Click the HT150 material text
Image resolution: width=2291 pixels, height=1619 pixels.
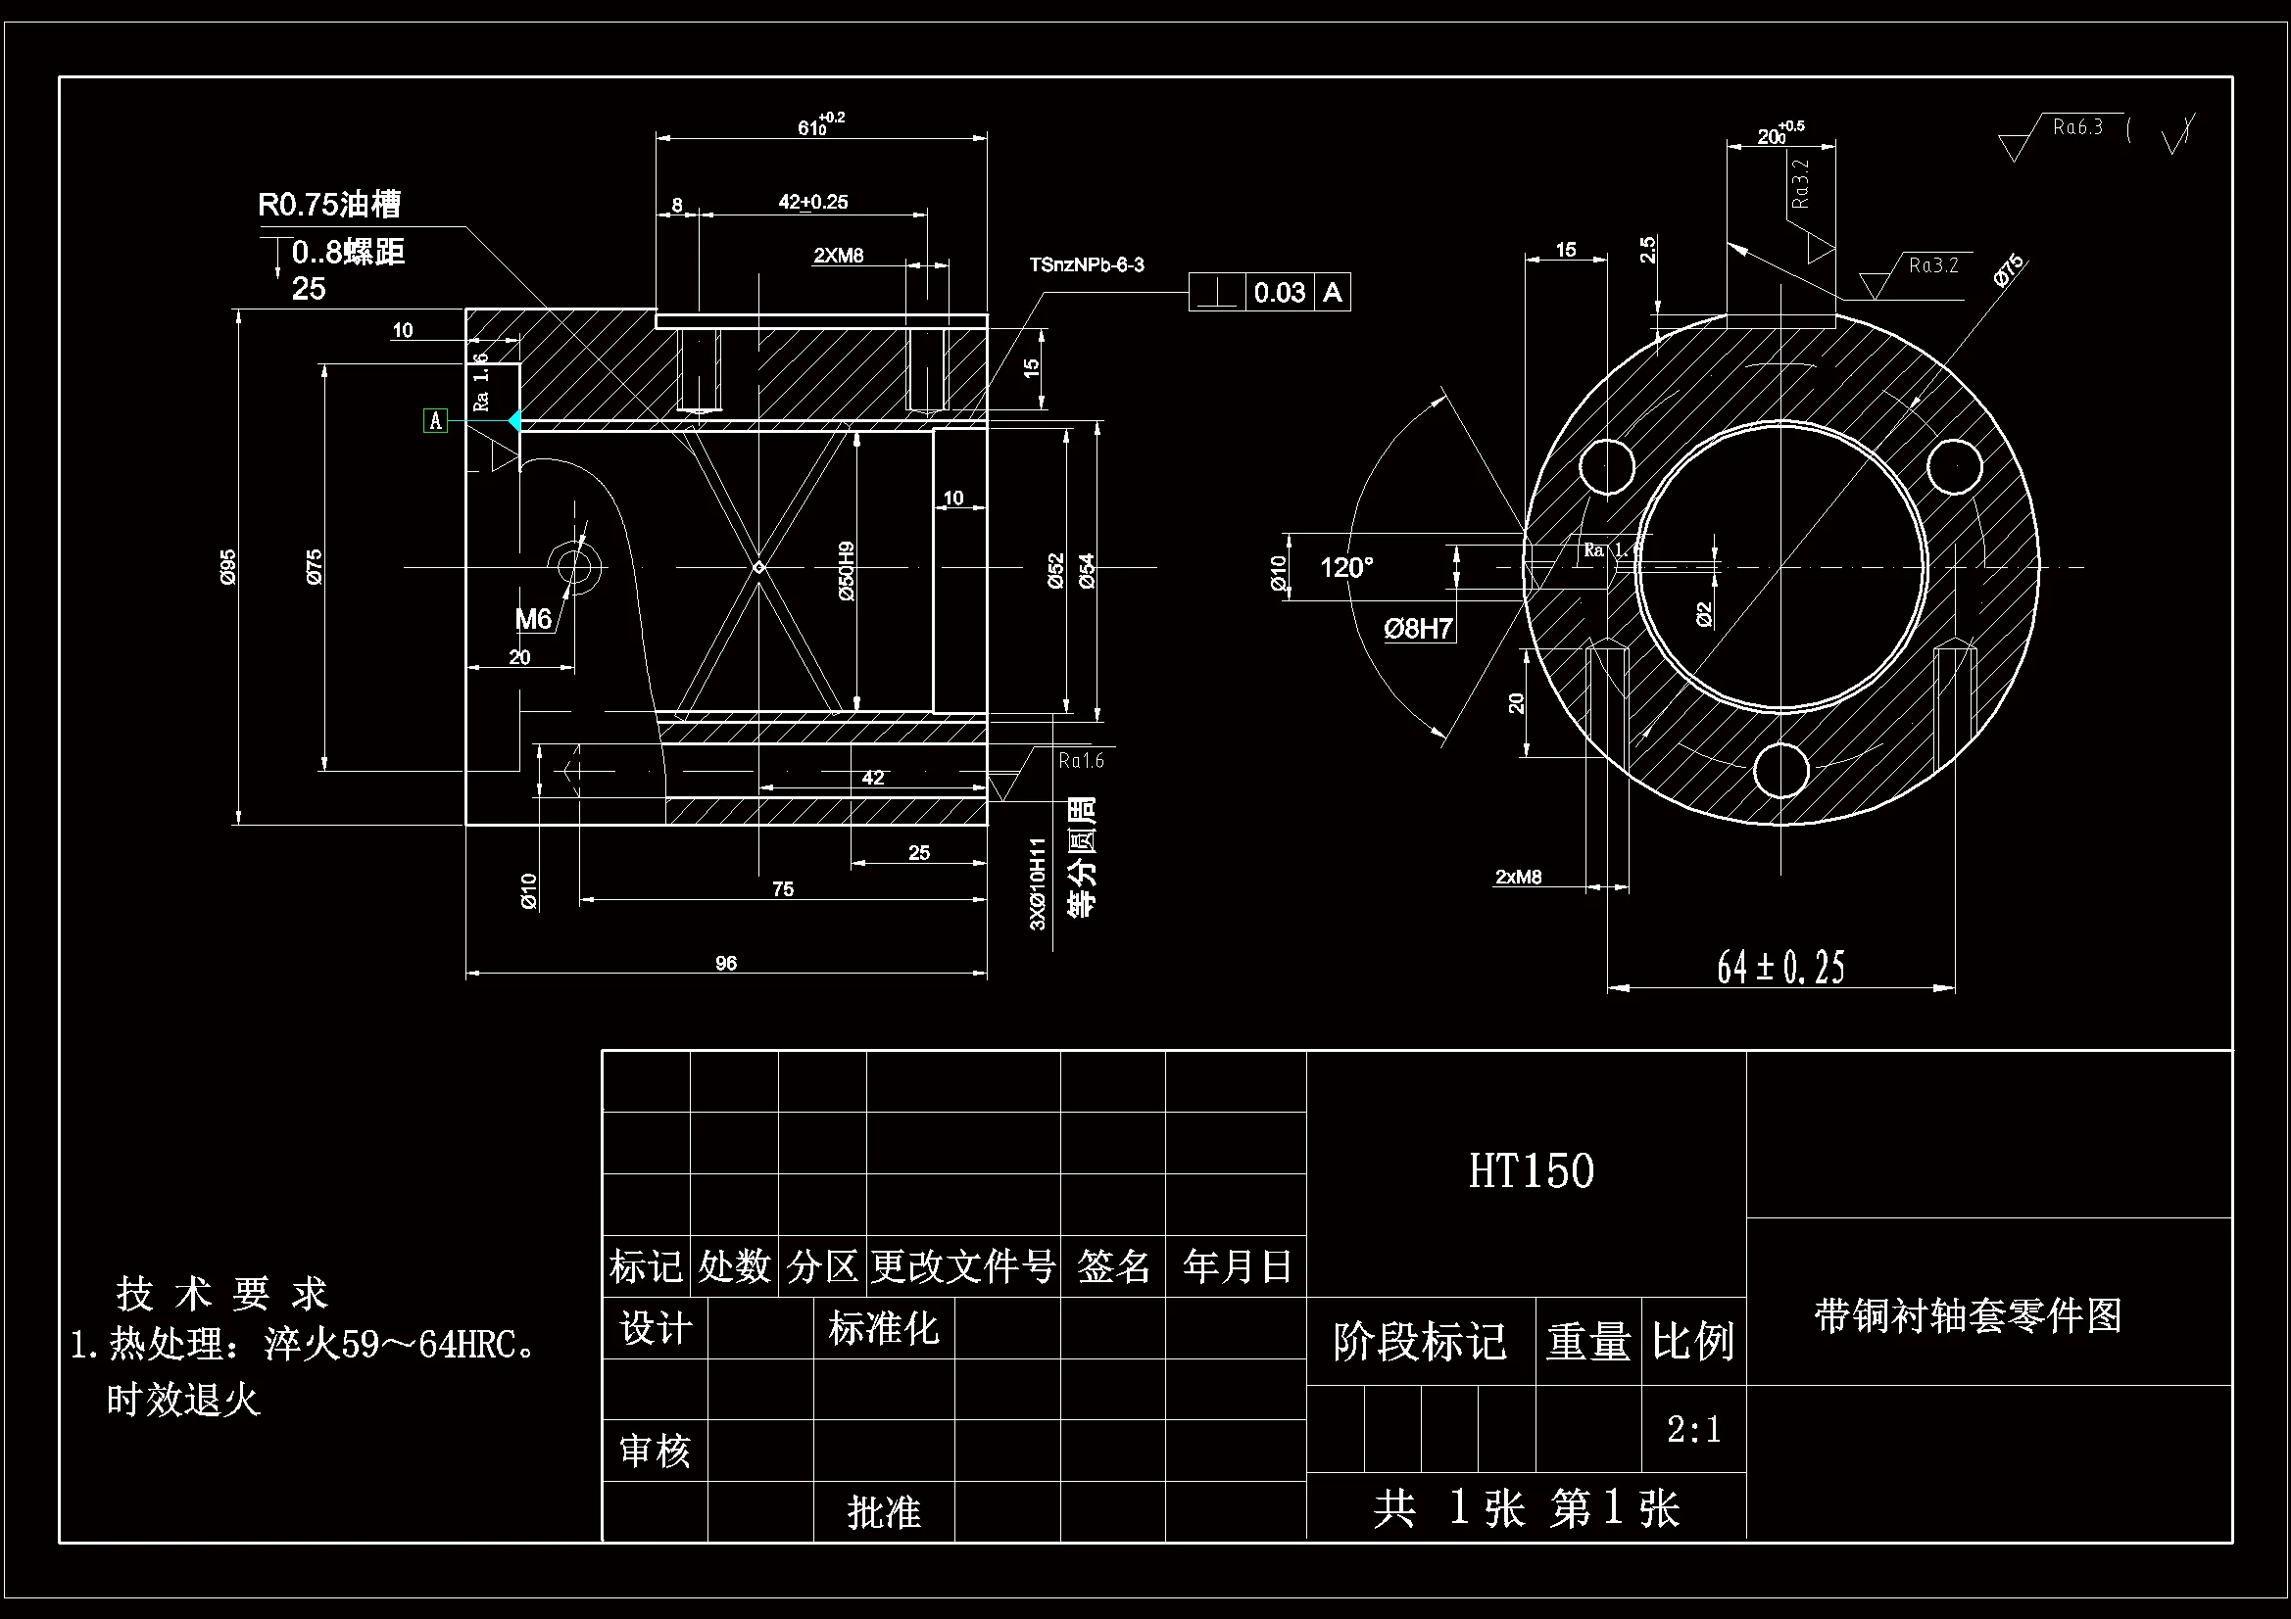point(1531,1171)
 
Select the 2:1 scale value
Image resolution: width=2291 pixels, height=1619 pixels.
point(1693,1429)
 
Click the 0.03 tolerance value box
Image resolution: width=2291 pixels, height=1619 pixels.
point(1279,292)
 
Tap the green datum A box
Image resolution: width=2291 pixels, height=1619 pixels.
point(435,421)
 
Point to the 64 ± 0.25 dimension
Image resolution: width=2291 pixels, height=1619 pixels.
point(1780,967)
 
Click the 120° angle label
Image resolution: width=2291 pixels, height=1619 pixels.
point(1346,568)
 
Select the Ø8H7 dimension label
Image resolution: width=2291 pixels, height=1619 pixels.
point(1418,629)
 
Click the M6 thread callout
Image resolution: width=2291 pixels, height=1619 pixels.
point(533,619)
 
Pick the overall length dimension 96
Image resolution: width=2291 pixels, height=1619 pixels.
point(725,963)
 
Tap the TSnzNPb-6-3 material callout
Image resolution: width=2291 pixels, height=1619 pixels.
point(1087,265)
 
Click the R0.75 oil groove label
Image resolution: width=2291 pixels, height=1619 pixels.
point(329,205)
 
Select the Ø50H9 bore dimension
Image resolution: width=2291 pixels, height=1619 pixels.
point(847,571)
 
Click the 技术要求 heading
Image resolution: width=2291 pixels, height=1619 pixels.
point(221,1294)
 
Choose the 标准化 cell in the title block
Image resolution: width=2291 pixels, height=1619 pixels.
point(883,1329)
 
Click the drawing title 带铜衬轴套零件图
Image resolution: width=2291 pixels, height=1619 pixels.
point(1968,1315)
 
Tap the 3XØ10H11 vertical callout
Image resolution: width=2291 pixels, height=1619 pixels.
point(1038,883)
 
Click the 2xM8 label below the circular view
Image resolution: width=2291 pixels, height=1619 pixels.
point(1518,877)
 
